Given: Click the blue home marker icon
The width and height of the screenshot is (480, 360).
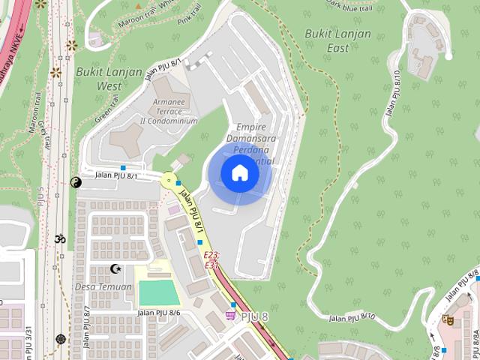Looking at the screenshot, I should click(x=240, y=173).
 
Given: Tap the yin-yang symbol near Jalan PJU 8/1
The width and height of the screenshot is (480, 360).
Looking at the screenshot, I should click(x=75, y=181).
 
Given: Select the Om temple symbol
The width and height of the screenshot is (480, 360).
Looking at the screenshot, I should click(x=61, y=239).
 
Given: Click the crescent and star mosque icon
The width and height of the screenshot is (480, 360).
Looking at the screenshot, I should click(x=115, y=268).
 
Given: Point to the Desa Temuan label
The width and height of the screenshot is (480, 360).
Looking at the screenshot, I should click(x=103, y=286).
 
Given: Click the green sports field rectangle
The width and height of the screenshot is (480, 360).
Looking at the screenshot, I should click(x=159, y=292).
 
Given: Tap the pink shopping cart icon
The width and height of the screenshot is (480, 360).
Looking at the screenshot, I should click(x=231, y=316).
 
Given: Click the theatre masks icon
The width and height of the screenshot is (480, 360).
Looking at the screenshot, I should click(x=448, y=319).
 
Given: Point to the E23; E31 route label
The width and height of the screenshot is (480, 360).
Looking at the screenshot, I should click(x=211, y=260).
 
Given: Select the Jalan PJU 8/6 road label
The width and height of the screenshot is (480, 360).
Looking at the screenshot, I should click(x=159, y=313).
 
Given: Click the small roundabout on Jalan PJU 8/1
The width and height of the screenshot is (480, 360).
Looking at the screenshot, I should click(x=169, y=180).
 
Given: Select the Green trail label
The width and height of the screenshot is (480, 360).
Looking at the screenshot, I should click(x=106, y=115).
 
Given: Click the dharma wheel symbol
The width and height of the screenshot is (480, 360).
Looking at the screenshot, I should click(x=61, y=339).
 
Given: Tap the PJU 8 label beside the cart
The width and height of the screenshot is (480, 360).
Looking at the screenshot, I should click(x=254, y=316).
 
